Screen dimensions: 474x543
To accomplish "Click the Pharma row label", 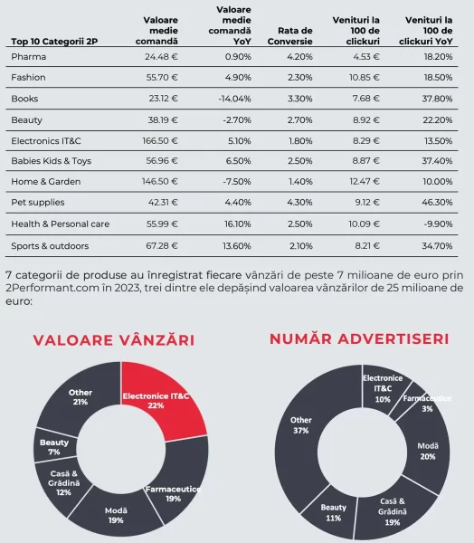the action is pos(28,57).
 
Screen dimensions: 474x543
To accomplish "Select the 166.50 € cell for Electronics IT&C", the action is pos(160,141).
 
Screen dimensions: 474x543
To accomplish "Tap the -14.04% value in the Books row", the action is pos(234,99).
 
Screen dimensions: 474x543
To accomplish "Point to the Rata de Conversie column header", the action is pos(289,36).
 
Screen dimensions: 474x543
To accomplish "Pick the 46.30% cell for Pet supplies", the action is pos(437,202).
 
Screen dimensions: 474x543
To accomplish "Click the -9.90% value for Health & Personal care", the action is pos(438,224).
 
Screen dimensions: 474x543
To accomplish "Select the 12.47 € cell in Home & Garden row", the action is pos(365,182).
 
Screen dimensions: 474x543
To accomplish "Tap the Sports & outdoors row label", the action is pos(50,246).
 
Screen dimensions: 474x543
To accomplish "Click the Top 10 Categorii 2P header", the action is pos(54,42).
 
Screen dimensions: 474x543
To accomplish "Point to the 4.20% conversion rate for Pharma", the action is pos(299,57).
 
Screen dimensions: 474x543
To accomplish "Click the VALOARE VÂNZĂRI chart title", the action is pos(114,340).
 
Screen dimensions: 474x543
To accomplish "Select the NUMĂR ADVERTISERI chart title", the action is pos(359,339).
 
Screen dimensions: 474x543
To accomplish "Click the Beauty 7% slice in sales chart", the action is pos(54,446).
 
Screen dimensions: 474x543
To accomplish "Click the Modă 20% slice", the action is pos(428,450).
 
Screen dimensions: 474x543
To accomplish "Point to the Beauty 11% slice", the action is pos(332,512).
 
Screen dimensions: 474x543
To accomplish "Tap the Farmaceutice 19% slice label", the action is pos(173,494).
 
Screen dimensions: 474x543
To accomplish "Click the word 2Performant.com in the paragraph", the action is pos(52,288).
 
